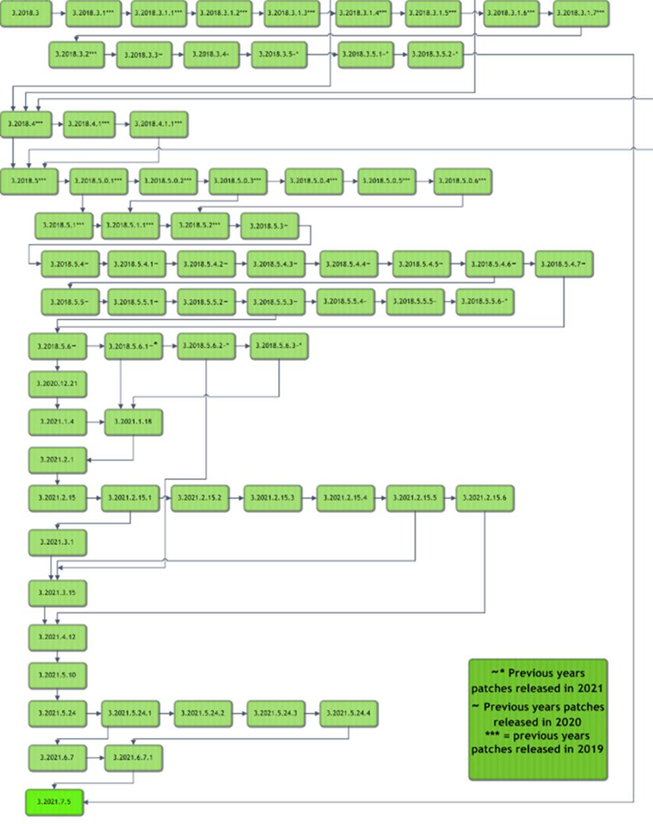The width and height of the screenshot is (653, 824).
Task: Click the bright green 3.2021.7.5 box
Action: (x=54, y=802)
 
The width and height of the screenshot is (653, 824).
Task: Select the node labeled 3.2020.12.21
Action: (x=57, y=384)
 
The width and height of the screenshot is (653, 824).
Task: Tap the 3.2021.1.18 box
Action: (x=133, y=421)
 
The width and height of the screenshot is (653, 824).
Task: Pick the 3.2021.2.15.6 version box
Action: (x=485, y=498)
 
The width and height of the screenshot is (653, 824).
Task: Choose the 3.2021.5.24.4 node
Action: (x=348, y=713)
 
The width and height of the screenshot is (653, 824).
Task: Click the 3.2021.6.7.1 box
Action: (x=133, y=757)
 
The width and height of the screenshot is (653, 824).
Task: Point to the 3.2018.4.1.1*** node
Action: (x=159, y=124)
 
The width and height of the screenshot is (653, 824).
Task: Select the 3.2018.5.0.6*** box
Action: (x=462, y=180)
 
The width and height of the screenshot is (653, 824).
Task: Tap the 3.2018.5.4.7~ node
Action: (x=563, y=264)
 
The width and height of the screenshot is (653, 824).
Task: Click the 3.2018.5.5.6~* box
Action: (x=484, y=302)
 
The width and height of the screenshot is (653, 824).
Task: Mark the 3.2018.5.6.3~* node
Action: (x=279, y=345)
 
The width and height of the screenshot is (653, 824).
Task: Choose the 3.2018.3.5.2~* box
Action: (x=435, y=54)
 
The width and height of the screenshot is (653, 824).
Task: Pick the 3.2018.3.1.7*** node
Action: (x=580, y=13)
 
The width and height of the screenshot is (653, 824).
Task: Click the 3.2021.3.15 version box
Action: (x=57, y=592)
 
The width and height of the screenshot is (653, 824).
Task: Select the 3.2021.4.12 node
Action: (x=57, y=637)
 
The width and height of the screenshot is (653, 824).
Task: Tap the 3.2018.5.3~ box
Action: (x=269, y=226)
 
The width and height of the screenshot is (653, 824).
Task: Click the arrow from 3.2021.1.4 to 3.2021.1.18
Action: (x=95, y=421)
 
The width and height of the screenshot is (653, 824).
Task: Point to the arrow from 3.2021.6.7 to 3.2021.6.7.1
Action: (x=95, y=757)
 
